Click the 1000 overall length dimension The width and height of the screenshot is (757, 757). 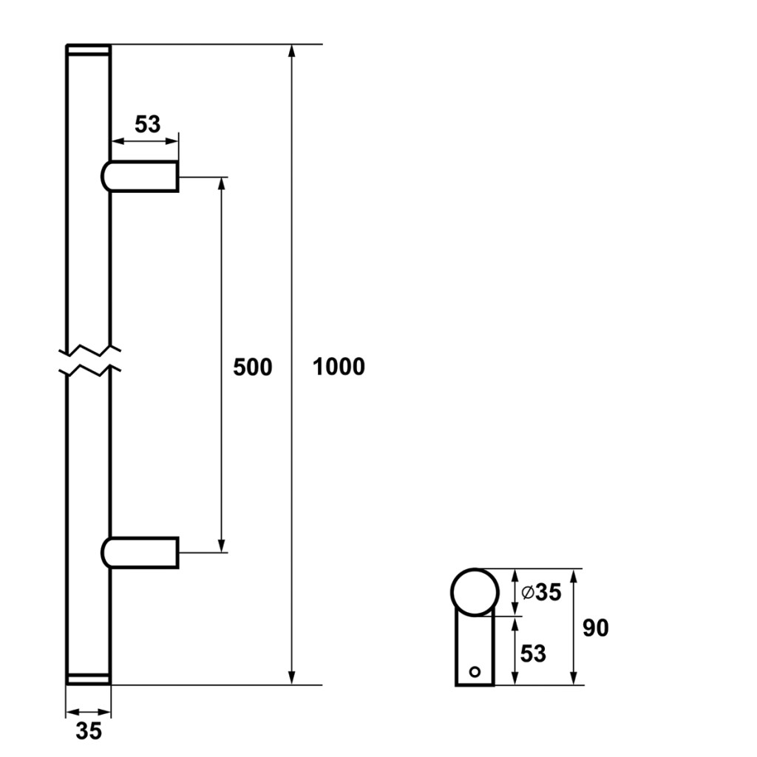[339, 367]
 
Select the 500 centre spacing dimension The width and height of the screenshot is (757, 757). [253, 367]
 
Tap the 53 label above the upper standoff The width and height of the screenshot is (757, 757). [147, 124]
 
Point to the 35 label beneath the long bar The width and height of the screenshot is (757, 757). [89, 730]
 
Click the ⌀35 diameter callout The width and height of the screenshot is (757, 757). [542, 592]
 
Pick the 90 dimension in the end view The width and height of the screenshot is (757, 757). [595, 628]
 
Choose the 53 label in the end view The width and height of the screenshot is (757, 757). [533, 654]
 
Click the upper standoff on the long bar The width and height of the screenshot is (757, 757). [140, 176]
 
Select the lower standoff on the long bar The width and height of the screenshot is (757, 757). [140, 552]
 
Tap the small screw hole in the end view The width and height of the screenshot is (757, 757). [475, 671]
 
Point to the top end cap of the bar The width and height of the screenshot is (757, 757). [89, 50]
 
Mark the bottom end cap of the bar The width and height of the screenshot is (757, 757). [89, 679]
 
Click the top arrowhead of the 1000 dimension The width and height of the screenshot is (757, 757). [291, 51]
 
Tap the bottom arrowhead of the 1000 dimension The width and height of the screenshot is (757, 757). [291, 678]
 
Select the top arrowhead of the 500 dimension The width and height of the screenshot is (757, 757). [222, 184]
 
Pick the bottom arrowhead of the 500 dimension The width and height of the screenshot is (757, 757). [222, 545]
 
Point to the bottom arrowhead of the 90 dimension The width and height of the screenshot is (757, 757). [573, 678]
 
